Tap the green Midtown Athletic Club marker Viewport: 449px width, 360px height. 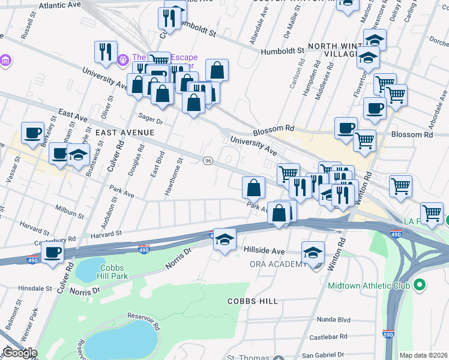click(420, 284)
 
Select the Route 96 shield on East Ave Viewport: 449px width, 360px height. click(208, 161)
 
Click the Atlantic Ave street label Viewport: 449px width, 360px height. click(59, 5)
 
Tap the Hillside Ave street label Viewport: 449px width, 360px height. click(264, 250)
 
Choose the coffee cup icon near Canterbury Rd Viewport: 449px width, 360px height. click(52, 253)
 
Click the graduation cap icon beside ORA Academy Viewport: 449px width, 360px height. click(313, 252)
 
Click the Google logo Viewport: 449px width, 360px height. click(20, 353)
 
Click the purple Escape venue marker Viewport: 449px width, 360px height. click(123, 59)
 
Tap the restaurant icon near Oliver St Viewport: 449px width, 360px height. click(106, 51)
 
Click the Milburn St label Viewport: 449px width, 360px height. click(67, 212)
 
